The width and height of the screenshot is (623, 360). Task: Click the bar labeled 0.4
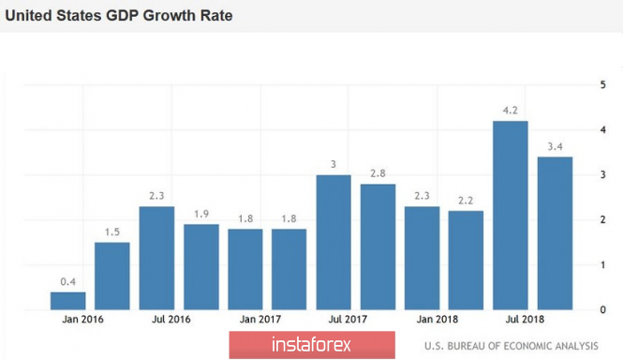tap(68, 301)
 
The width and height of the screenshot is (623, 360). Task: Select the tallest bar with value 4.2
tap(511, 216)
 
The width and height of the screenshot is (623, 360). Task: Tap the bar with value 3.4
tap(555, 233)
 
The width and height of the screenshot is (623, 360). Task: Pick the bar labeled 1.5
tap(112, 276)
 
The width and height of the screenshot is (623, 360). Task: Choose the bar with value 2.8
tap(378, 247)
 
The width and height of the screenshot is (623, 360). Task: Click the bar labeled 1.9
tap(201, 267)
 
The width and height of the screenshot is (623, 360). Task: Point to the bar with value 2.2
tap(466, 260)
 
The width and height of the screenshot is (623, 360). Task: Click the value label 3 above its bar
tap(334, 164)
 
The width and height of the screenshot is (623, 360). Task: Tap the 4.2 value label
tap(511, 111)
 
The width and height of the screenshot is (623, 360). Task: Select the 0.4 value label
tap(68, 281)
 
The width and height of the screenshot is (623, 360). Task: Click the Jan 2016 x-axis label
tap(82, 319)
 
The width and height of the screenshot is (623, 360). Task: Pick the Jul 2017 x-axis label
tap(348, 319)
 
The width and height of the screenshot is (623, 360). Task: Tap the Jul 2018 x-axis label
tap(525, 319)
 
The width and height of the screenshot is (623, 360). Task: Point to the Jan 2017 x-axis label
tap(260, 319)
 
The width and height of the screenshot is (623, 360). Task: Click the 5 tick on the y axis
tap(602, 84)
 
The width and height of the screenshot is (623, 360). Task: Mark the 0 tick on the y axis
tap(602, 309)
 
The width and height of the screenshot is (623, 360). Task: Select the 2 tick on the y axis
tap(602, 219)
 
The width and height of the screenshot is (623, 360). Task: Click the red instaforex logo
tap(312, 344)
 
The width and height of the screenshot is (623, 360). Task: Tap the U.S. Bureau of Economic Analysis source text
tap(511, 346)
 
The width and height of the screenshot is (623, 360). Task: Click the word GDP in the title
tap(122, 16)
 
